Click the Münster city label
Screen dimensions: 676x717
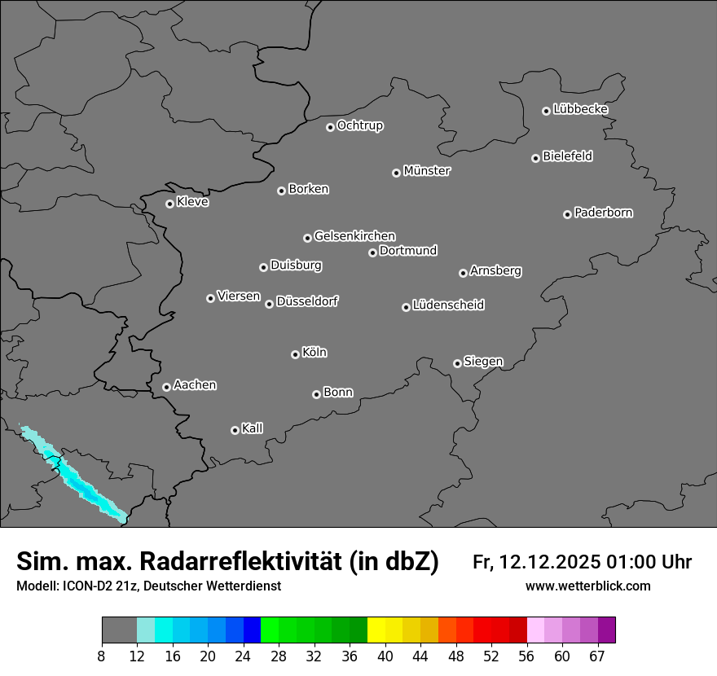[x=427, y=171]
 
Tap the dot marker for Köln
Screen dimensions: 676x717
[x=295, y=354]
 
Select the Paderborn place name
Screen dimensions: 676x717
[x=604, y=213]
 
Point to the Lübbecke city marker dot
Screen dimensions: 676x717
[x=546, y=111]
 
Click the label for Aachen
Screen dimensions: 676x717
[x=195, y=384]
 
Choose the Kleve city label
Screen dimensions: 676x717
[x=193, y=202]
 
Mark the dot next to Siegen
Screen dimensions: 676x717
[x=457, y=363]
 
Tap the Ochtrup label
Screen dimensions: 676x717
[x=360, y=125]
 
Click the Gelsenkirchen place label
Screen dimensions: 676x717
[x=354, y=236]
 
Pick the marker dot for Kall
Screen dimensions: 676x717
[x=235, y=430]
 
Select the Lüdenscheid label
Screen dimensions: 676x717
[x=448, y=305]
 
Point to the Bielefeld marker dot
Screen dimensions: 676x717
[x=535, y=158]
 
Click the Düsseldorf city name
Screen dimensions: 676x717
[x=307, y=301]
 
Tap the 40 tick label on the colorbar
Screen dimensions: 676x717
[x=385, y=656]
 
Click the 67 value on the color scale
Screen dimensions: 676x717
[x=597, y=656]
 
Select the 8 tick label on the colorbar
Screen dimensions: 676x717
[x=102, y=656]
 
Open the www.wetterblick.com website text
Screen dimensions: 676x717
[x=588, y=586]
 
